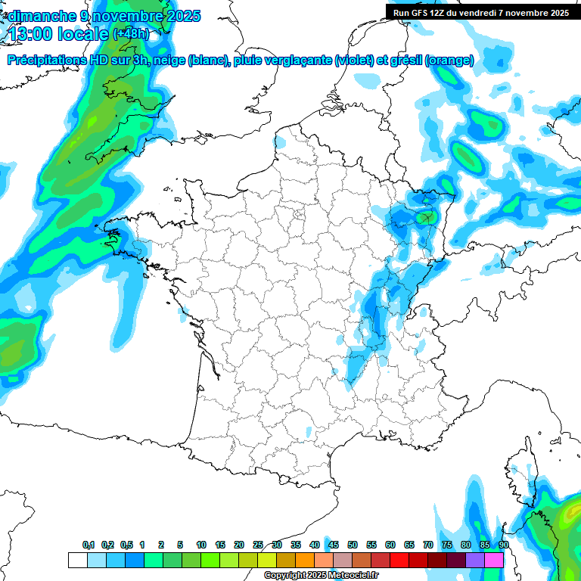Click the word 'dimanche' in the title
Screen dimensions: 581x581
(39, 15)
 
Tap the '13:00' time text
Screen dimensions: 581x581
(32, 34)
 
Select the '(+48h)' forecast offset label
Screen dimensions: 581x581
(131, 34)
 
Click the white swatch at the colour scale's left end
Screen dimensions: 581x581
(77, 560)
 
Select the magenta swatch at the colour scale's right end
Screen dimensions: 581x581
(494, 560)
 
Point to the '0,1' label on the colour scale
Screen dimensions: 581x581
(89, 545)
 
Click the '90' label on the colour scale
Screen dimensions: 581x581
(504, 545)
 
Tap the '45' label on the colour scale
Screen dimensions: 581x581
(334, 545)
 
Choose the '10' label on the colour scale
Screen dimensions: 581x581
(201, 545)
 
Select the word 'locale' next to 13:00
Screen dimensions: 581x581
(82, 34)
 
